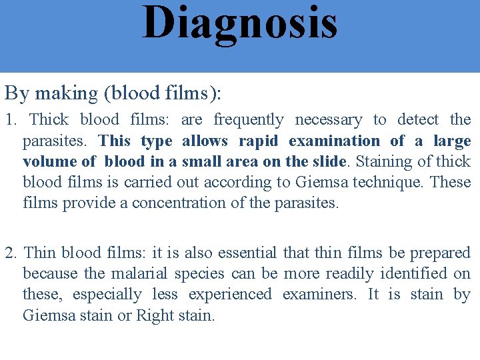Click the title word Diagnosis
239,22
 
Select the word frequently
248,120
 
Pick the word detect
418,120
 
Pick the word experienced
230,295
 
